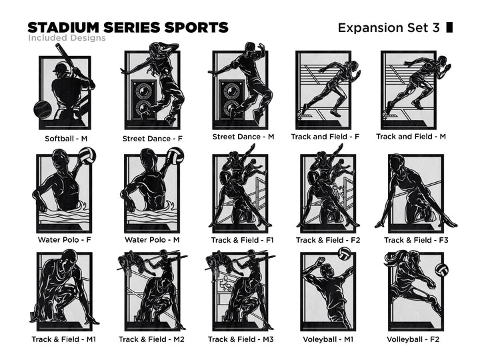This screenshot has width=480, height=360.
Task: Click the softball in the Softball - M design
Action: click(43, 109)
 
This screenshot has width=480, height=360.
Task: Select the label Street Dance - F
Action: click(152, 139)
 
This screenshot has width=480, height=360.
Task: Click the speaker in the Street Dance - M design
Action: click(232, 100)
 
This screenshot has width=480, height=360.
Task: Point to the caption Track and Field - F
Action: click(325, 137)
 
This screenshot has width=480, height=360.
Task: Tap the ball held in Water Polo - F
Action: click(87, 156)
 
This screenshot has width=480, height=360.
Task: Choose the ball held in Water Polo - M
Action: click(175, 156)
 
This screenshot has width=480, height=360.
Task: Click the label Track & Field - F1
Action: click(242, 240)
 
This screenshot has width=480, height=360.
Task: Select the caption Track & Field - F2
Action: click(328, 240)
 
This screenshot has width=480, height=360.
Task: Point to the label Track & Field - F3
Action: click(416, 240)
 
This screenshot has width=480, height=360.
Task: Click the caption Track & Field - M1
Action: click(64, 339)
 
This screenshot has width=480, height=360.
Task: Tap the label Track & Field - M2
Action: click(151, 339)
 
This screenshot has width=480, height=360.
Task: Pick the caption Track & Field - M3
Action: click(241, 339)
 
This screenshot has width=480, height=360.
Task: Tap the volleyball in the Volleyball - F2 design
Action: click(441, 270)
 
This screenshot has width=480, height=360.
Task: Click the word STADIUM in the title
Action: click(63, 27)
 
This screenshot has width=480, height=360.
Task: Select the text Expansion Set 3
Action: click(389, 28)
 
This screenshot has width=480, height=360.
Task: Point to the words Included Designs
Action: click(67, 38)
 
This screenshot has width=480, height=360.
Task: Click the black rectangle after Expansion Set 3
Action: click(449, 27)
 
